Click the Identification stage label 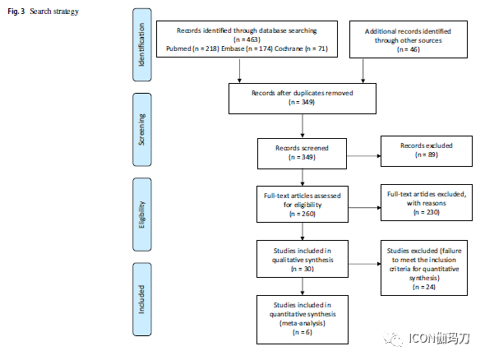tap(142, 45)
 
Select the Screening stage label tap(142, 130)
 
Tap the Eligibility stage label tap(142, 215)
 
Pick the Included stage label tap(142, 299)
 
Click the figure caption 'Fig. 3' tap(16, 12)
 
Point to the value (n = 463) tap(247, 39)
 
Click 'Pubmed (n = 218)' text tap(192, 48)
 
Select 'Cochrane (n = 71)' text tap(301, 48)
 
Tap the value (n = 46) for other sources tap(409, 49)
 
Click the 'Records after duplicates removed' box tap(303, 99)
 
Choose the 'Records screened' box tap(302, 154)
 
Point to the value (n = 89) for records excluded tap(427, 155)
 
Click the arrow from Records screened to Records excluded tap(363, 156)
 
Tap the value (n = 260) tap(303, 214)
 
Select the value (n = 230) tap(427, 212)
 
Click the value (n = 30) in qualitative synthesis tap(303, 269)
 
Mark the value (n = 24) tap(423, 287)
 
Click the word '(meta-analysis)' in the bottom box tap(303, 323)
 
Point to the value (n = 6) tap(303, 332)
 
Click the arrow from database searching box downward tap(239, 70)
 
